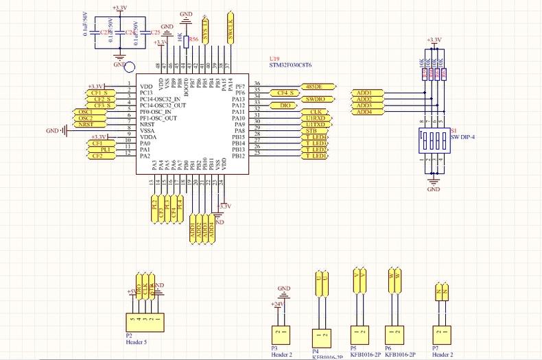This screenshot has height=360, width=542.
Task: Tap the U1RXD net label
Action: tap(316, 118)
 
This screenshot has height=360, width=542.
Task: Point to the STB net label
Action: tap(311, 131)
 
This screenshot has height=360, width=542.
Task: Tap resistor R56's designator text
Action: tap(193, 40)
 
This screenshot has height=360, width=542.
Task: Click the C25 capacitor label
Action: tap(155, 32)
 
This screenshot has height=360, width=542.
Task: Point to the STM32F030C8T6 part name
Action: tap(290, 65)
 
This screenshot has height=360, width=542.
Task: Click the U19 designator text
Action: tap(274, 59)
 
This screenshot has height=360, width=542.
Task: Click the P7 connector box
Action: tap(443, 332)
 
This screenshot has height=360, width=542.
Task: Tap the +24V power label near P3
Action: tap(277, 304)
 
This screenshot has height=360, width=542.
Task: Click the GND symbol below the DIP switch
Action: tap(433, 184)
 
